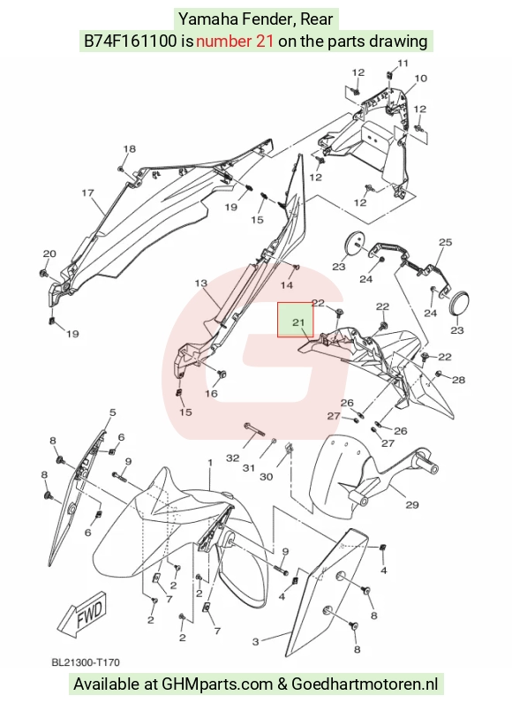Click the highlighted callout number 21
298,322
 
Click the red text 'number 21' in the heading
235,42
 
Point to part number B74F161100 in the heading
131,42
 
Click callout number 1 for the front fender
209,462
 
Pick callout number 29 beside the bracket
412,505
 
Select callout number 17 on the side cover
87,193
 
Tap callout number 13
201,283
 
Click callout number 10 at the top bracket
420,79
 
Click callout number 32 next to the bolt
233,458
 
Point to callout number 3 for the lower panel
255,641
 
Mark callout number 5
112,412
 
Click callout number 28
459,380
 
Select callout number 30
266,476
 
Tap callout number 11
403,64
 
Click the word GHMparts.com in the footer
217,684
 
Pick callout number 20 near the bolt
49,253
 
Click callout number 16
212,393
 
